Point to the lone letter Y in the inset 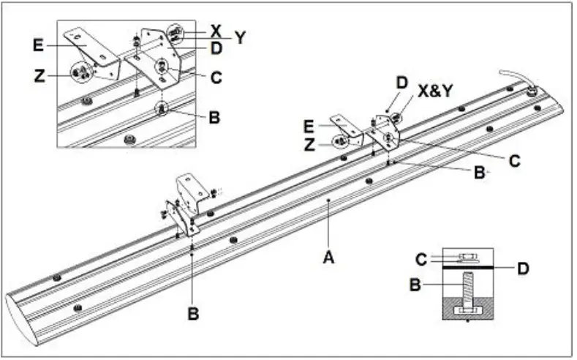click(x=239, y=37)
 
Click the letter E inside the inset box click(x=38, y=45)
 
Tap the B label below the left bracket click(x=193, y=313)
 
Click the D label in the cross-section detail click(x=522, y=269)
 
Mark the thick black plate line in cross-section click(x=468, y=269)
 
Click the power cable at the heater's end click(x=512, y=76)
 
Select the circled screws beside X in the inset click(x=176, y=33)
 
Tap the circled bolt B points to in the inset click(x=160, y=109)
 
